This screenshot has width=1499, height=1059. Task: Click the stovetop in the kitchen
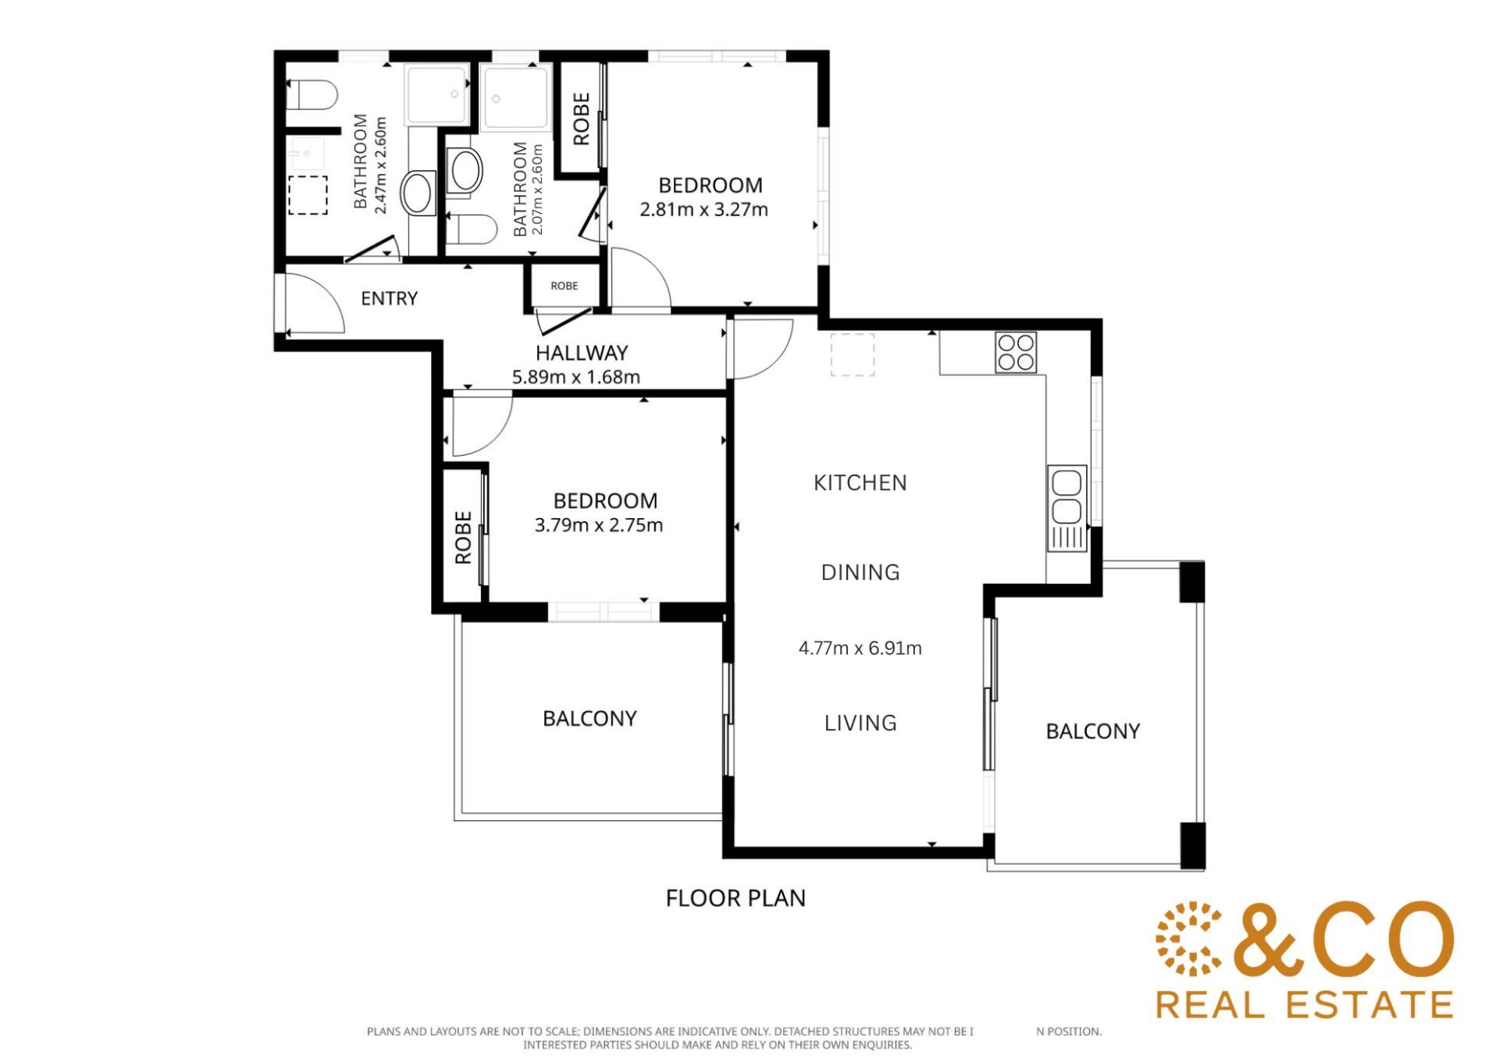(x=1016, y=352)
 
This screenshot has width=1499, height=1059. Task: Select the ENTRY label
(x=389, y=298)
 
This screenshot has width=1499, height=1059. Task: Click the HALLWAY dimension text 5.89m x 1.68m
(x=576, y=378)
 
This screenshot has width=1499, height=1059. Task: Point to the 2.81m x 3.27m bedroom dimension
(x=703, y=210)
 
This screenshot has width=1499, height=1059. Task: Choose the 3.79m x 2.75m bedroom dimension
(x=599, y=525)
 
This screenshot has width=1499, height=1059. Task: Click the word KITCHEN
(x=860, y=483)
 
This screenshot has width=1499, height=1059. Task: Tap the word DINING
(x=860, y=573)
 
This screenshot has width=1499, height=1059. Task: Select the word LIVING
(x=860, y=723)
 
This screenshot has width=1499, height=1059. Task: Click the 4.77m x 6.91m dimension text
(x=860, y=649)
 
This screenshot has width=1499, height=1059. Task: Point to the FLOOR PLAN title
(x=735, y=898)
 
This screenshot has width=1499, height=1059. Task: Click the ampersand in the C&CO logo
(x=1269, y=940)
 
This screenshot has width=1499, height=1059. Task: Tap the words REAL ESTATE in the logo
(x=1305, y=1004)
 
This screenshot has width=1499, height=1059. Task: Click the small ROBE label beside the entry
(x=564, y=286)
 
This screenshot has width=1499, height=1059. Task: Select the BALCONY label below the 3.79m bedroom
(x=589, y=718)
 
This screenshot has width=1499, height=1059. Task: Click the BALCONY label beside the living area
(x=1093, y=731)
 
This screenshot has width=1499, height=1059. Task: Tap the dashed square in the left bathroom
(x=308, y=195)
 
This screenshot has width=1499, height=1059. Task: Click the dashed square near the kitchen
(x=853, y=355)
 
